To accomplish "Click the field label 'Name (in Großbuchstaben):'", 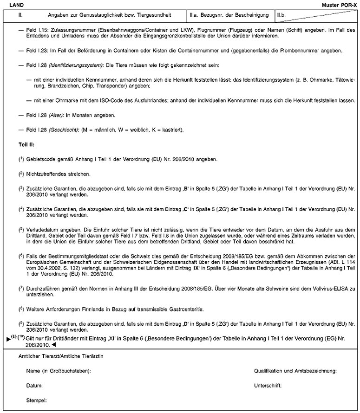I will click(x=59, y=371).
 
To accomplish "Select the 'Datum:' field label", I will click(x=35, y=386).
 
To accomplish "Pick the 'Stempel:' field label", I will click(x=37, y=400).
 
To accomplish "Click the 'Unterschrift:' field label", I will click(x=268, y=386).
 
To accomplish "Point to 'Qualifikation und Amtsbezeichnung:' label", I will click(x=295, y=371).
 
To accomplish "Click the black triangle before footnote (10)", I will click(x=8, y=339).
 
